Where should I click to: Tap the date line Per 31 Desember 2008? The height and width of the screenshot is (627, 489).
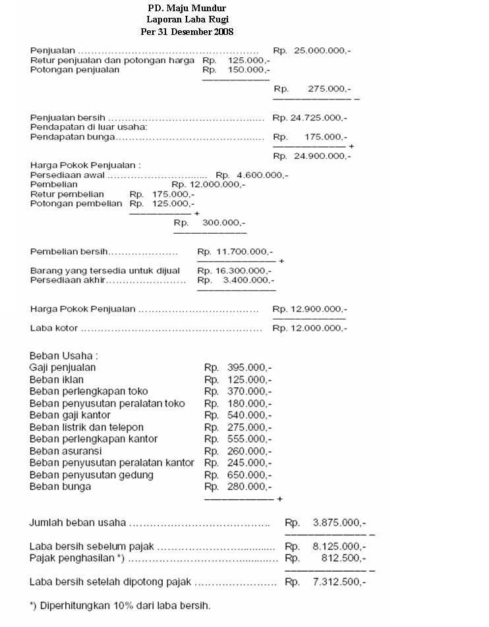coord(187,32)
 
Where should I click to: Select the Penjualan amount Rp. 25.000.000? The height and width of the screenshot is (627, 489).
coord(312,50)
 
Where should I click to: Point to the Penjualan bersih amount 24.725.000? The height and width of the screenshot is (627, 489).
coord(310,118)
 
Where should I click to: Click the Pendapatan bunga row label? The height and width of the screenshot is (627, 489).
coord(72,137)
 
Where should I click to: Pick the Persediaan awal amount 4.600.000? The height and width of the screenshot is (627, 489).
coord(252,175)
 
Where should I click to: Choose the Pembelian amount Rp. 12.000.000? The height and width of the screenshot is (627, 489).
coord(208,185)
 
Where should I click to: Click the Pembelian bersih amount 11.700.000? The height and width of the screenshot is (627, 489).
coord(235,252)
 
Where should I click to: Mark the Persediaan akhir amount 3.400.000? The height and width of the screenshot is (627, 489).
coord(235,280)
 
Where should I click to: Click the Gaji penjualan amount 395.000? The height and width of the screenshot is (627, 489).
coord(238,368)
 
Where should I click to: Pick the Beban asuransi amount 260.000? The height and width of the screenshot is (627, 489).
coord(238,450)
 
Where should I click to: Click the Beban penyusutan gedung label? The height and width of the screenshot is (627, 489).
coord(92,475)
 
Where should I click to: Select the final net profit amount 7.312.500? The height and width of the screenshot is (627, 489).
coord(326,582)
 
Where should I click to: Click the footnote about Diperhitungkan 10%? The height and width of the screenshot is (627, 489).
coord(120,605)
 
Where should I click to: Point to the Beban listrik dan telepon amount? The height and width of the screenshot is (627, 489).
coord(238,427)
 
